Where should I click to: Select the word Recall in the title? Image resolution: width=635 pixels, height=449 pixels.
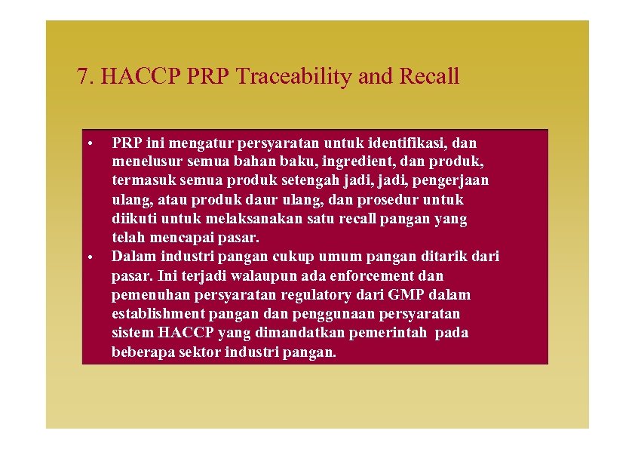tap(430, 76)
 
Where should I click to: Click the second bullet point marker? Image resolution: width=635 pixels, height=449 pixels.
tap(89, 257)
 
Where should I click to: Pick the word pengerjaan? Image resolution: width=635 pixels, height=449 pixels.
tap(453, 180)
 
